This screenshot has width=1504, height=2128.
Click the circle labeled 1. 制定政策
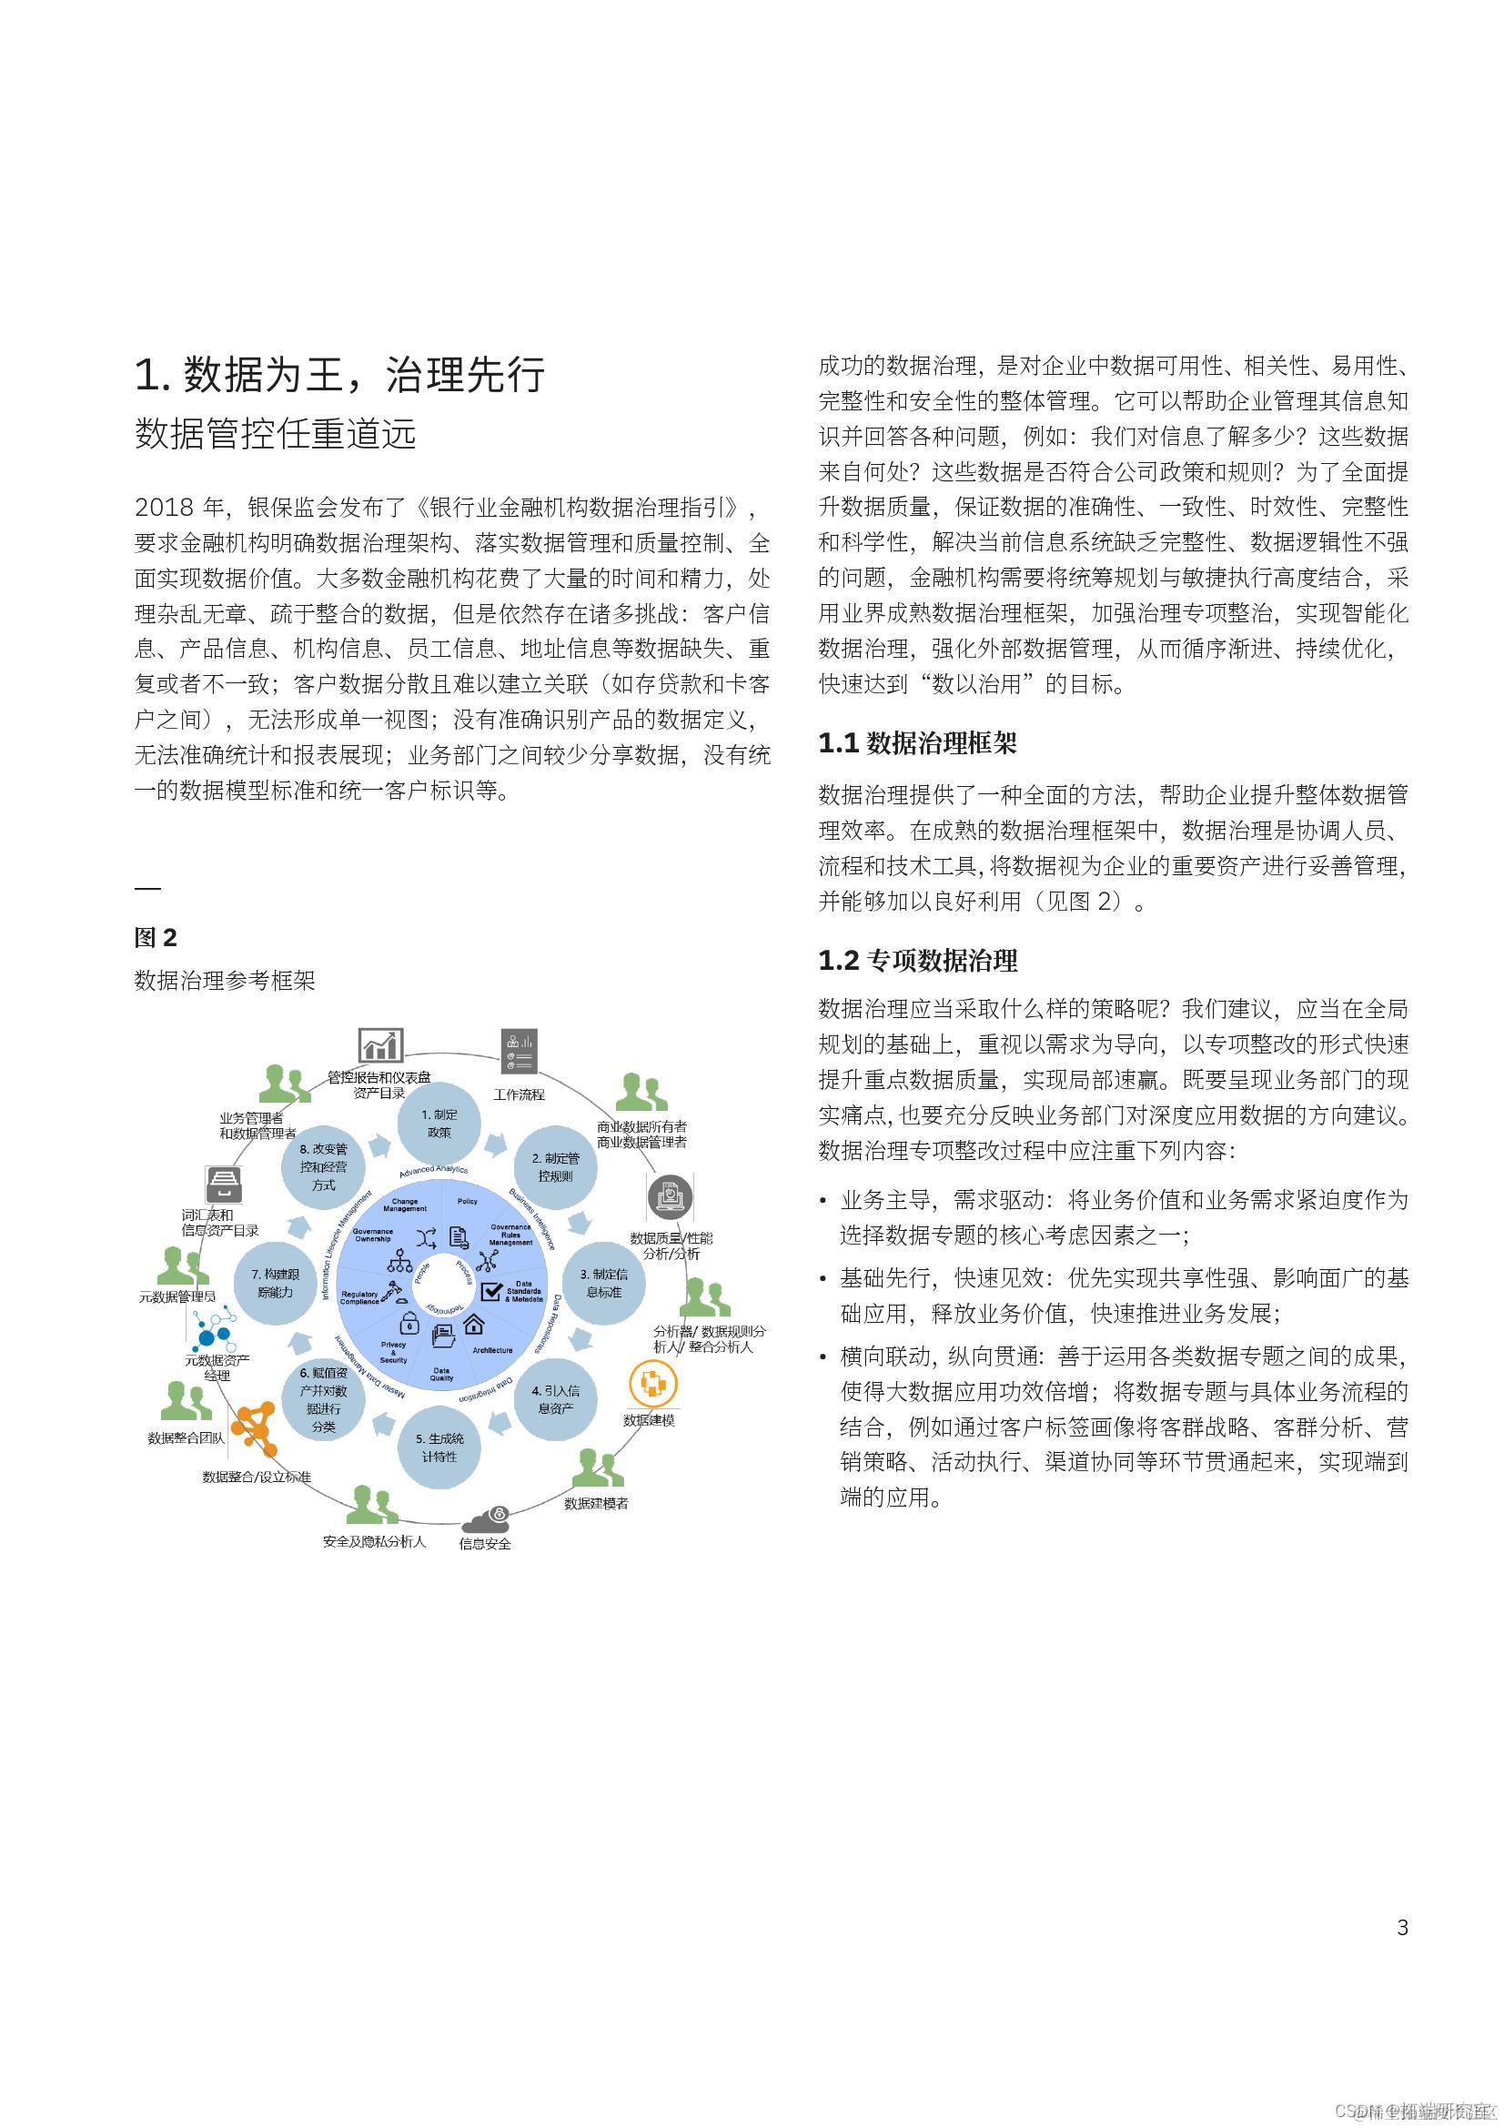pyautogui.click(x=439, y=1125)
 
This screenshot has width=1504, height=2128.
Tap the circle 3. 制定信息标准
pyautogui.click(x=603, y=1284)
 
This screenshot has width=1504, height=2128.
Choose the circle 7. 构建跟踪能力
pyautogui.click(x=275, y=1284)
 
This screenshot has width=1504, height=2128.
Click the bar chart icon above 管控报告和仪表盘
pyautogui.click(x=380, y=1045)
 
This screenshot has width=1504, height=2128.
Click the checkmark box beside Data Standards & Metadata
pyautogui.click(x=491, y=1290)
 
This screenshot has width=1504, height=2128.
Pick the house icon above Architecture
pyautogui.click(x=473, y=1322)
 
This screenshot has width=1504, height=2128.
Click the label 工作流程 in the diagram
pyautogui.click(x=519, y=1094)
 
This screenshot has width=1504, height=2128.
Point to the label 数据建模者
pyautogui.click(x=596, y=1502)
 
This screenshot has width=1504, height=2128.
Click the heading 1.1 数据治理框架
pyautogui.click(x=916, y=742)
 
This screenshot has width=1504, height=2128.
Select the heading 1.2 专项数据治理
pyautogui.click(x=916, y=960)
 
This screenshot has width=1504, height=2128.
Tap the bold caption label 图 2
pyautogui.click(x=155, y=937)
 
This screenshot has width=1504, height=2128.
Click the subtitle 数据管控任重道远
pyautogui.click(x=275, y=434)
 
